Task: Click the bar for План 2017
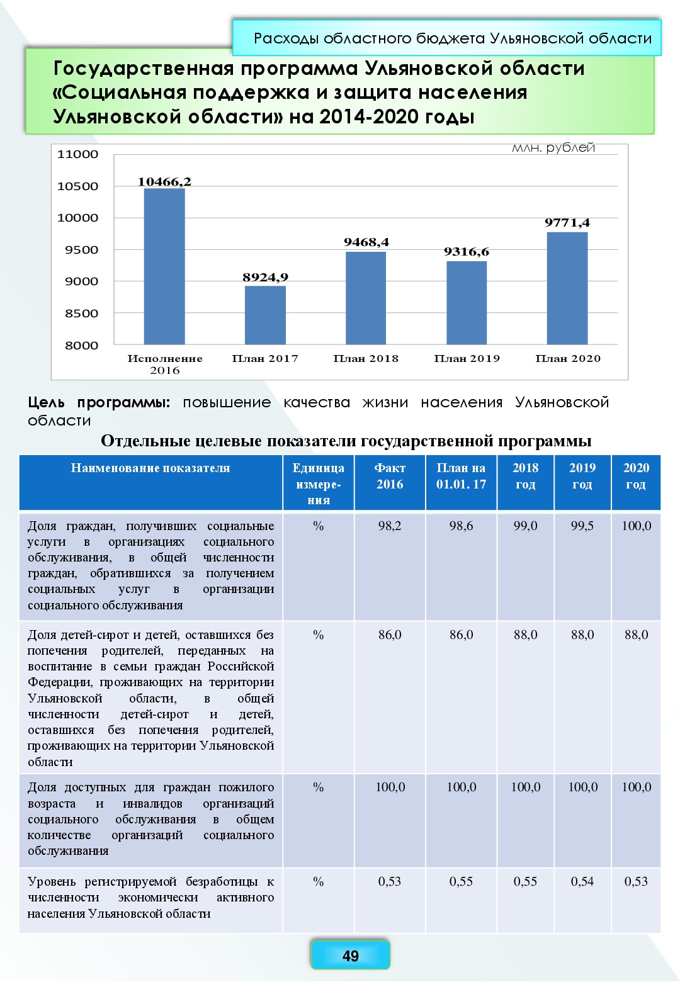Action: (265, 315)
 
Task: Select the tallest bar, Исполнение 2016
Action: (164, 266)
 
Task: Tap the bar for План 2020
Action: (567, 288)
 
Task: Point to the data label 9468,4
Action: (366, 242)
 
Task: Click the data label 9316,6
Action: (467, 252)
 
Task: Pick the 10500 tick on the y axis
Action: (78, 186)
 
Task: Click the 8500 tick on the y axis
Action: (82, 313)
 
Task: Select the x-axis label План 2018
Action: (366, 359)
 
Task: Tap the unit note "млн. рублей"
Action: (553, 148)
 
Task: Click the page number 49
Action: (350, 956)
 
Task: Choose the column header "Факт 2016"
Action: (390, 477)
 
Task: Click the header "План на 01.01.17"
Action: (461, 477)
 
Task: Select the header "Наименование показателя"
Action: (150, 468)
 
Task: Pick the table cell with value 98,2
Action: (390, 526)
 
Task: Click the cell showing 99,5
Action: (582, 526)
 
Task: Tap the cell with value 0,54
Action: (582, 882)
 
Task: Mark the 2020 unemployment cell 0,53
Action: (636, 882)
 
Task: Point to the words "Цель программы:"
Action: (99, 403)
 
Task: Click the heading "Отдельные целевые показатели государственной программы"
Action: (346, 441)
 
